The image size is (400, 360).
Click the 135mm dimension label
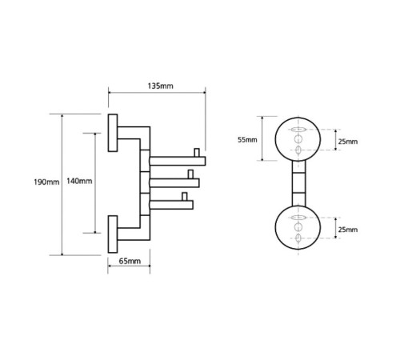[160, 86]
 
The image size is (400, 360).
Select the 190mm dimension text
[46, 182]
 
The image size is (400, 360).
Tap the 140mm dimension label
[79, 181]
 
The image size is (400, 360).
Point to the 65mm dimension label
[130, 261]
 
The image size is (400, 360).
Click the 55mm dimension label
[247, 140]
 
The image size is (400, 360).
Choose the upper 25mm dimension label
[348, 142]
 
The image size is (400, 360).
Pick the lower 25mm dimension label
[348, 230]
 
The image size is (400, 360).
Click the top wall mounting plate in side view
[113, 133]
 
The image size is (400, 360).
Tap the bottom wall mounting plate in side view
[113, 234]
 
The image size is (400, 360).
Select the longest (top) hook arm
[178, 161]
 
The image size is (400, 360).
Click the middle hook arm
[174, 183]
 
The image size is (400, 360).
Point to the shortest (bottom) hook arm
[171, 205]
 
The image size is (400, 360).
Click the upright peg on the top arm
[197, 153]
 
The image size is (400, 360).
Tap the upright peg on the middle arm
[190, 174]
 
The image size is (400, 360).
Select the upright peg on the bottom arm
[184, 196]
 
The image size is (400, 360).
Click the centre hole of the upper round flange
[298, 139]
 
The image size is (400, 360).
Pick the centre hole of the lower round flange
[298, 227]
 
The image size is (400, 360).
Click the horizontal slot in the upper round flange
[298, 130]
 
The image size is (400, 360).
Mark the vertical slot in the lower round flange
[298, 238]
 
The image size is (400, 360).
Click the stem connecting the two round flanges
[299, 183]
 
